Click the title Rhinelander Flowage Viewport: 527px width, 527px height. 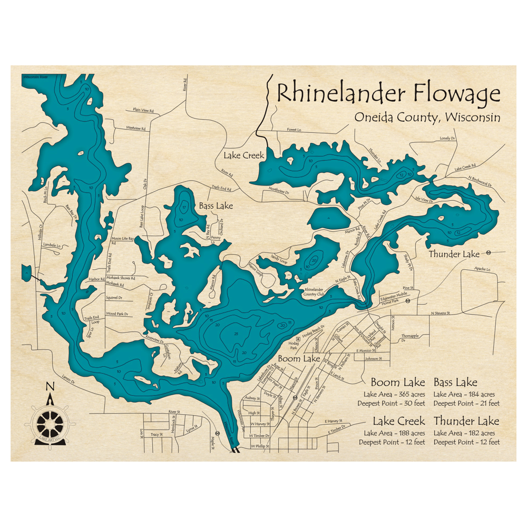point(388,93)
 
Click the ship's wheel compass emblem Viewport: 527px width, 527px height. point(51,422)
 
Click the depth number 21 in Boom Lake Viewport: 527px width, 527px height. point(236,334)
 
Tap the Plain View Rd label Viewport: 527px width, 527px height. point(143,111)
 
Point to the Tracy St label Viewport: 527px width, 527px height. point(157,434)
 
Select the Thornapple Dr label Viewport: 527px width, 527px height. point(409,338)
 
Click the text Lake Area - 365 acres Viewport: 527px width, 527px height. point(394,394)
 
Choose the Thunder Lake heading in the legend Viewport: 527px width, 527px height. point(466,421)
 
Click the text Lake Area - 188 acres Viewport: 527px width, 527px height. point(394,433)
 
